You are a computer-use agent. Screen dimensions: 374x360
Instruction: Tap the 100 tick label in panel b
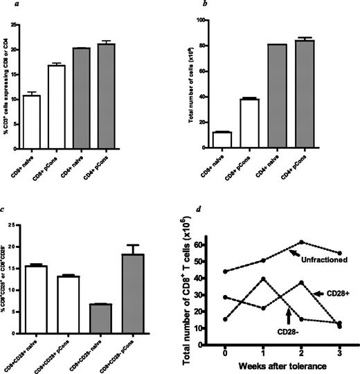click(x=201, y=20)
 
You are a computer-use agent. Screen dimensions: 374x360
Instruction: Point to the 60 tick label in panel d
click(x=214, y=244)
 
